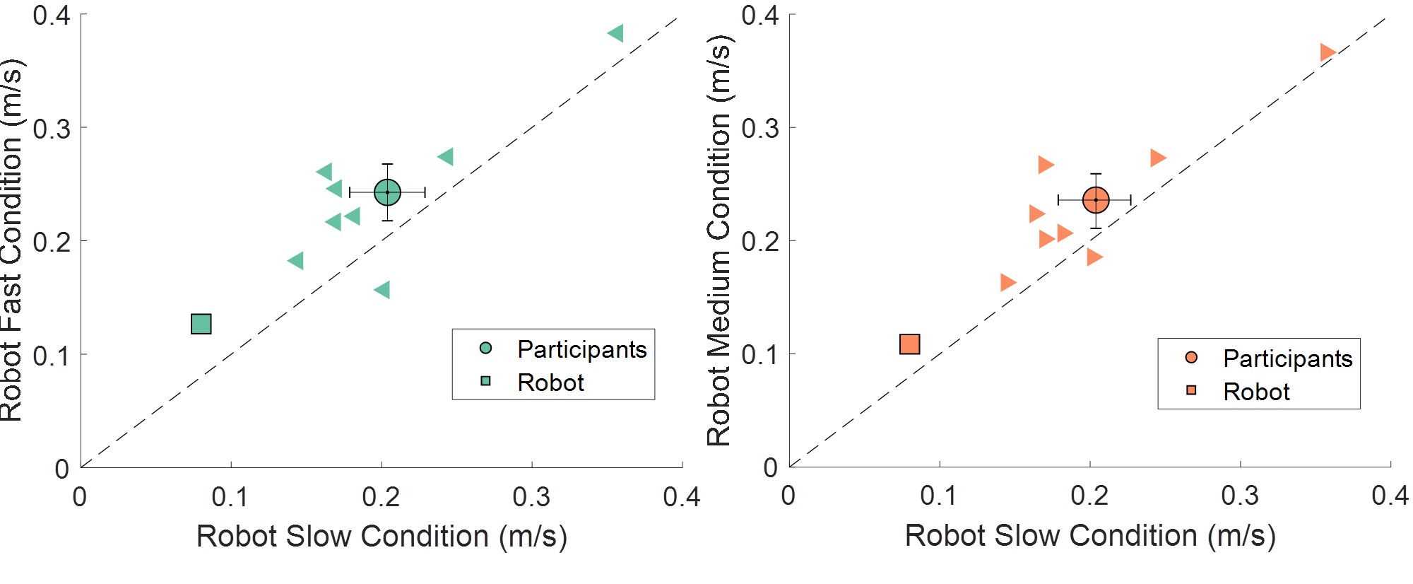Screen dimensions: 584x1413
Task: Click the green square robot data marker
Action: (201, 324)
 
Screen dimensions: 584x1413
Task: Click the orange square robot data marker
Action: (910, 344)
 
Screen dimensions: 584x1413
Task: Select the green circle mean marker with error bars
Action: (387, 192)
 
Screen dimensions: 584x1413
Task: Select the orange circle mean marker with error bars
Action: (1096, 200)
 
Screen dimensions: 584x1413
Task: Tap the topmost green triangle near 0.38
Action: (615, 33)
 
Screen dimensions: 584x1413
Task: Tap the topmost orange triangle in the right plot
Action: (1328, 52)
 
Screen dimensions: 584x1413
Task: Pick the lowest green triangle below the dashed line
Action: (382, 290)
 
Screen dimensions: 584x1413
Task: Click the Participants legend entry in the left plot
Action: (581, 349)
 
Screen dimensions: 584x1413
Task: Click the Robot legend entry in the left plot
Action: (550, 382)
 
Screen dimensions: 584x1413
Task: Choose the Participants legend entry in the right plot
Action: (1287, 358)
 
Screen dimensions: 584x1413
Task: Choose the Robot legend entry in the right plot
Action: (1256, 392)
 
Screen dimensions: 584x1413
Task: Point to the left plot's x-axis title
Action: (382, 536)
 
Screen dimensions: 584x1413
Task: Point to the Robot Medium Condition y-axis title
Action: (719, 240)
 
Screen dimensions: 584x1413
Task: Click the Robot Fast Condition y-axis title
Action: (12, 240)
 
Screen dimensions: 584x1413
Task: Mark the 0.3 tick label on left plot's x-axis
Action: (531, 497)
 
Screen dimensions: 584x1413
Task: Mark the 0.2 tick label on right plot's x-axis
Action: (1089, 496)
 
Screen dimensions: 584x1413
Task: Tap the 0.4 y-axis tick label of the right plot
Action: (760, 15)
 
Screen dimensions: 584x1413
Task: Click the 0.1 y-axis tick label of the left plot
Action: (52, 355)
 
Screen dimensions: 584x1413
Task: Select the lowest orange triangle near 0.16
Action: (1008, 283)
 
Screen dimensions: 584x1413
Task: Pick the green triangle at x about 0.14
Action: (296, 261)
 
